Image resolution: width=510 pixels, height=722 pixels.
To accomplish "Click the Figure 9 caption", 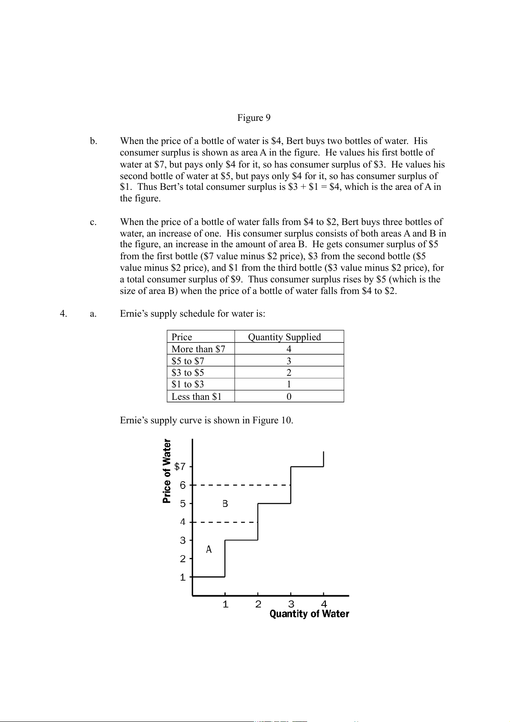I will pyautogui.click(x=254, y=118).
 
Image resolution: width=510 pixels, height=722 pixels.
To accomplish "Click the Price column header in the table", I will pyautogui.click(x=182, y=337).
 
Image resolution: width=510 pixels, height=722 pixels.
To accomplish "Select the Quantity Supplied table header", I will pyautogui.click(x=284, y=337).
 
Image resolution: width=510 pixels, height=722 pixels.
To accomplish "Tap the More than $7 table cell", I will pyautogui.click(x=198, y=349).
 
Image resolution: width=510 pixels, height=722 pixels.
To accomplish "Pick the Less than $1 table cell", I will pyautogui.click(x=197, y=396).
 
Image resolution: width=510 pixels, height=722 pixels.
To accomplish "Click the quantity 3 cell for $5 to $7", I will pyautogui.click(x=289, y=361).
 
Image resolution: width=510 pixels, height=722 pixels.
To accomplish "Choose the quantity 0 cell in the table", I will pyautogui.click(x=289, y=396).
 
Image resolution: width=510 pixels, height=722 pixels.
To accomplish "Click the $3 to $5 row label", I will pyautogui.click(x=188, y=372).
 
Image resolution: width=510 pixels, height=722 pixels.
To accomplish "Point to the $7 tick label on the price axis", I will pyautogui.click(x=180, y=466).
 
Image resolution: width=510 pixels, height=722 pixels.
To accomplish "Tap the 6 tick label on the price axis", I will pyautogui.click(x=183, y=485).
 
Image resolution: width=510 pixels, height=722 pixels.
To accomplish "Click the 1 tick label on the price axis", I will pyautogui.click(x=183, y=577).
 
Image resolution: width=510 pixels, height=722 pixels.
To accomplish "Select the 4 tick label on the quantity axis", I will pyautogui.click(x=324, y=604).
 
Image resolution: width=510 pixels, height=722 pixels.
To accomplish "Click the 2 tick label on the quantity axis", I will pyautogui.click(x=258, y=604).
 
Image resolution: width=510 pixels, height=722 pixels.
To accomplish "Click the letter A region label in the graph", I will pyautogui.click(x=209, y=549).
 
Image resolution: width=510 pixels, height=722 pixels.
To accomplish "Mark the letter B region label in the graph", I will pyautogui.click(x=225, y=503).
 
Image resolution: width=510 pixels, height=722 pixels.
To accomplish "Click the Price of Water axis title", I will pyautogui.click(x=167, y=471).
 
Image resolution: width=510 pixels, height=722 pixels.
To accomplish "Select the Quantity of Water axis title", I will pyautogui.click(x=309, y=614).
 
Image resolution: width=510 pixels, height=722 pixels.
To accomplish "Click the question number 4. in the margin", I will pyautogui.click(x=63, y=314).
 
